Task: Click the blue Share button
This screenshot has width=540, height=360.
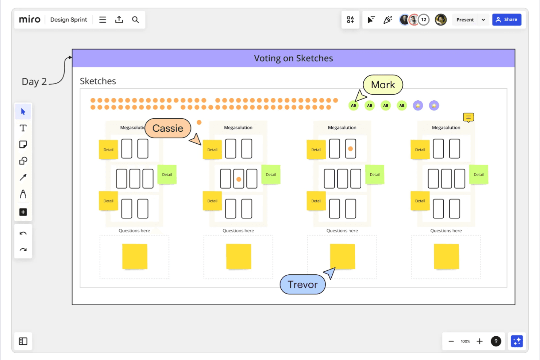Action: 506,20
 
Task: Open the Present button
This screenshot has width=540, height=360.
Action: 465,20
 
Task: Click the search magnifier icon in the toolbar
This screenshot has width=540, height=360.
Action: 135,20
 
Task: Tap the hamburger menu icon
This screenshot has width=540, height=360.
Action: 103,20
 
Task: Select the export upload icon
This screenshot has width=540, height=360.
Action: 119,20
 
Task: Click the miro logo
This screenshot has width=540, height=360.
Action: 30,20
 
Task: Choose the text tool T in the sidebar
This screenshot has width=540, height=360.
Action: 23,128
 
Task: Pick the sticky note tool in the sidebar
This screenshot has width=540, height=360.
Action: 23,144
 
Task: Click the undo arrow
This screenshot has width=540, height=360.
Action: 23,233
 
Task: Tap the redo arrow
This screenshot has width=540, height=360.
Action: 23,249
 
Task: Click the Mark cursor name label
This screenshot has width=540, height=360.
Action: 383,85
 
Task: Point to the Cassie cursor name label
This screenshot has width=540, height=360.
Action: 168,128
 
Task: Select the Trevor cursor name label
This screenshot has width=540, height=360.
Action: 302,284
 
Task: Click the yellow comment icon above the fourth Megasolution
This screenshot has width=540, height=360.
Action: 468,117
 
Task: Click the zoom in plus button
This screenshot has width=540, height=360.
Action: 479,341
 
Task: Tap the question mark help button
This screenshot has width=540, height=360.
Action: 496,341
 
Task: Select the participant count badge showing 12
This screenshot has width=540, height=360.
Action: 424,20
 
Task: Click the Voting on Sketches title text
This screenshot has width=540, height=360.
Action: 293,58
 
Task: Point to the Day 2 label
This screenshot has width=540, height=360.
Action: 34,81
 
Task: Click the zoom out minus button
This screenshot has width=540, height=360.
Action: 451,341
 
